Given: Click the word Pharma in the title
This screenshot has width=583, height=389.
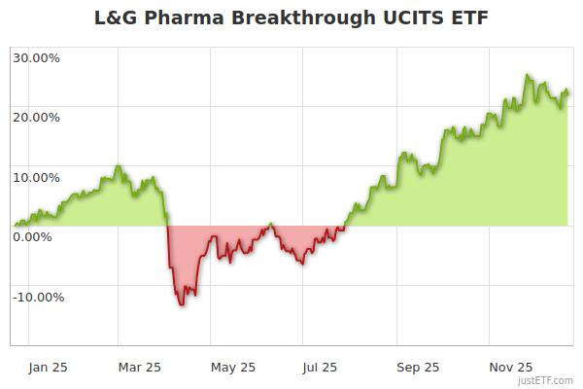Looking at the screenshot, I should tap(178, 18).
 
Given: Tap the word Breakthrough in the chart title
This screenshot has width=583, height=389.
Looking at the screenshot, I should tap(290, 18).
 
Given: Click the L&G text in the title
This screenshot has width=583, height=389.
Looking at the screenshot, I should tap(117, 18).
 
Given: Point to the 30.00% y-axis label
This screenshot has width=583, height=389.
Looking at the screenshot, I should tap(37, 57).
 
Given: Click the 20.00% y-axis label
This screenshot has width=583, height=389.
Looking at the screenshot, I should tap(37, 118).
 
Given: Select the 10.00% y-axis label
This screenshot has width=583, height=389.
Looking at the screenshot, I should tap(37, 178).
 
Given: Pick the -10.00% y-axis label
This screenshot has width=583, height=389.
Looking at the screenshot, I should tap(39, 298).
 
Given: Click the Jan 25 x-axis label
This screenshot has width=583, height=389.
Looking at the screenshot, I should tap(47, 368).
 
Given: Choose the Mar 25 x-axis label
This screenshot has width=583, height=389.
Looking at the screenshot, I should tap(139, 368).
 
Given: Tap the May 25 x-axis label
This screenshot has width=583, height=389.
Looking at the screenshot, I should tap(233, 368).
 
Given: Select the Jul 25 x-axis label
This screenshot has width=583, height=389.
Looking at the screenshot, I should tap(321, 368).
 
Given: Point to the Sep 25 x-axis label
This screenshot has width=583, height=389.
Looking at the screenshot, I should tap(418, 368).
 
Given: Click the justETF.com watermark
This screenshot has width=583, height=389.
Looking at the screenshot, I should tap(547, 380).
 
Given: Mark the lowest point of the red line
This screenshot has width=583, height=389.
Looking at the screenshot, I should tap(182, 305).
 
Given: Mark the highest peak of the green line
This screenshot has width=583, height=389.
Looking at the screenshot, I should tap(527, 75).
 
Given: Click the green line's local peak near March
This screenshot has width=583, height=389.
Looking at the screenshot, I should tap(119, 166).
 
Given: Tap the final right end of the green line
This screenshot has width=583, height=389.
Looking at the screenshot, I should tap(568, 92).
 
